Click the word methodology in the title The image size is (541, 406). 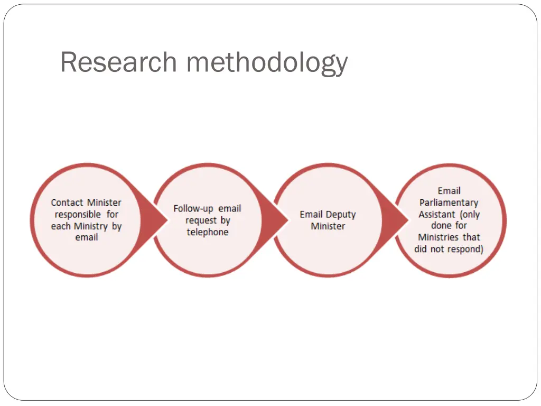[x=267, y=63]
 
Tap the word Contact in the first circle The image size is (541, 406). [x=68, y=202]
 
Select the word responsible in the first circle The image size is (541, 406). [x=78, y=214]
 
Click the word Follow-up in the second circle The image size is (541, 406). [x=193, y=208]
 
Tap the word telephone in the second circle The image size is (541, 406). [x=208, y=232]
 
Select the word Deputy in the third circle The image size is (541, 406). [x=341, y=215]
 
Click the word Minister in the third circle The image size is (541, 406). [x=328, y=226]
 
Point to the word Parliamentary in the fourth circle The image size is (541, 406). [x=449, y=202]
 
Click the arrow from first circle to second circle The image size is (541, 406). [x=152, y=220]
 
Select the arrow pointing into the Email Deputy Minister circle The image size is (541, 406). [x=274, y=220]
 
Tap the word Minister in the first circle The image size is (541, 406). [x=105, y=202]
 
